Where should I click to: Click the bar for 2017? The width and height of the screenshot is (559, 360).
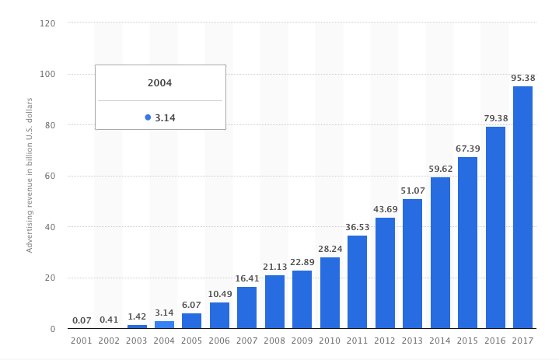coord(522,207)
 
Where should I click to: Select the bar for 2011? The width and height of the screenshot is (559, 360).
coord(357,281)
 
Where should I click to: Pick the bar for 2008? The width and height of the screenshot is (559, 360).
coord(274,302)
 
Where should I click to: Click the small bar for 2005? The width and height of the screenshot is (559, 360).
coord(191,320)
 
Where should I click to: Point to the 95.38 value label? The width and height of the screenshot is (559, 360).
coord(522,78)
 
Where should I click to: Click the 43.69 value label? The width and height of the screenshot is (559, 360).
coord(385,210)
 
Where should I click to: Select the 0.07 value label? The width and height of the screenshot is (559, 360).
coord(81,320)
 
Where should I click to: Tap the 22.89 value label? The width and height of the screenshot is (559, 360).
coord(302,262)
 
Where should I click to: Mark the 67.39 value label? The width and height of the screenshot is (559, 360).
coord(467,149)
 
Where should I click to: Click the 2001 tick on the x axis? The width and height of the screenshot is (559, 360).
coord(81,341)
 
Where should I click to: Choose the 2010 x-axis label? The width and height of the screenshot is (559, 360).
coord(330,341)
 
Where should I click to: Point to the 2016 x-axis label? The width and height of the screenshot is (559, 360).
coord(495,341)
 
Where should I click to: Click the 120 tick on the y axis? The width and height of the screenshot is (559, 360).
coord(47,23)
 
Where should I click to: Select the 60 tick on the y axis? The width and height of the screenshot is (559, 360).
coord(50,177)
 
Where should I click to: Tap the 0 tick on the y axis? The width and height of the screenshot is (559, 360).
coord(53,329)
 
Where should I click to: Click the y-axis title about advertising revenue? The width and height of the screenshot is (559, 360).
coord(30,175)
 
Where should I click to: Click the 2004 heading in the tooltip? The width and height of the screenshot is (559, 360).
coord(159,83)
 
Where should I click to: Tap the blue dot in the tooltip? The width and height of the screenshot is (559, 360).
coord(148,117)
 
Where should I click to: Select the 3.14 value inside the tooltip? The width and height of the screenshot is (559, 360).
coord(165,118)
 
